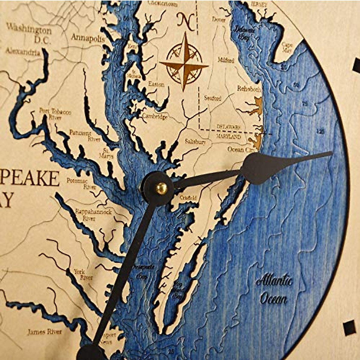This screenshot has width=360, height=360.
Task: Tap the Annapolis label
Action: (x=88, y=38)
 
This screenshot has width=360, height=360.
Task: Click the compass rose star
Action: (x=184, y=63)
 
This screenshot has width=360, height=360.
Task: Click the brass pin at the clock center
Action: (x=161, y=188)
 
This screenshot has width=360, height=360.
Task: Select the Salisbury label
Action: (x=195, y=142)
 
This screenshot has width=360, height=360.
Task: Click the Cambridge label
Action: (x=154, y=116)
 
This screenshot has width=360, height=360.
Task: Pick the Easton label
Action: (x=156, y=84)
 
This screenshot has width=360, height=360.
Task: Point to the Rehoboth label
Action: (x=249, y=89)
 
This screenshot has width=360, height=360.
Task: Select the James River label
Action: (x=45, y=332)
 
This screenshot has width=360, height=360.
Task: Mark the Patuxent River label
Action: (x=85, y=135)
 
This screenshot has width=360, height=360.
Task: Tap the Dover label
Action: (x=219, y=20)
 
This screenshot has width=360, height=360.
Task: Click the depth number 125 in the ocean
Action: (x=320, y=131)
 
